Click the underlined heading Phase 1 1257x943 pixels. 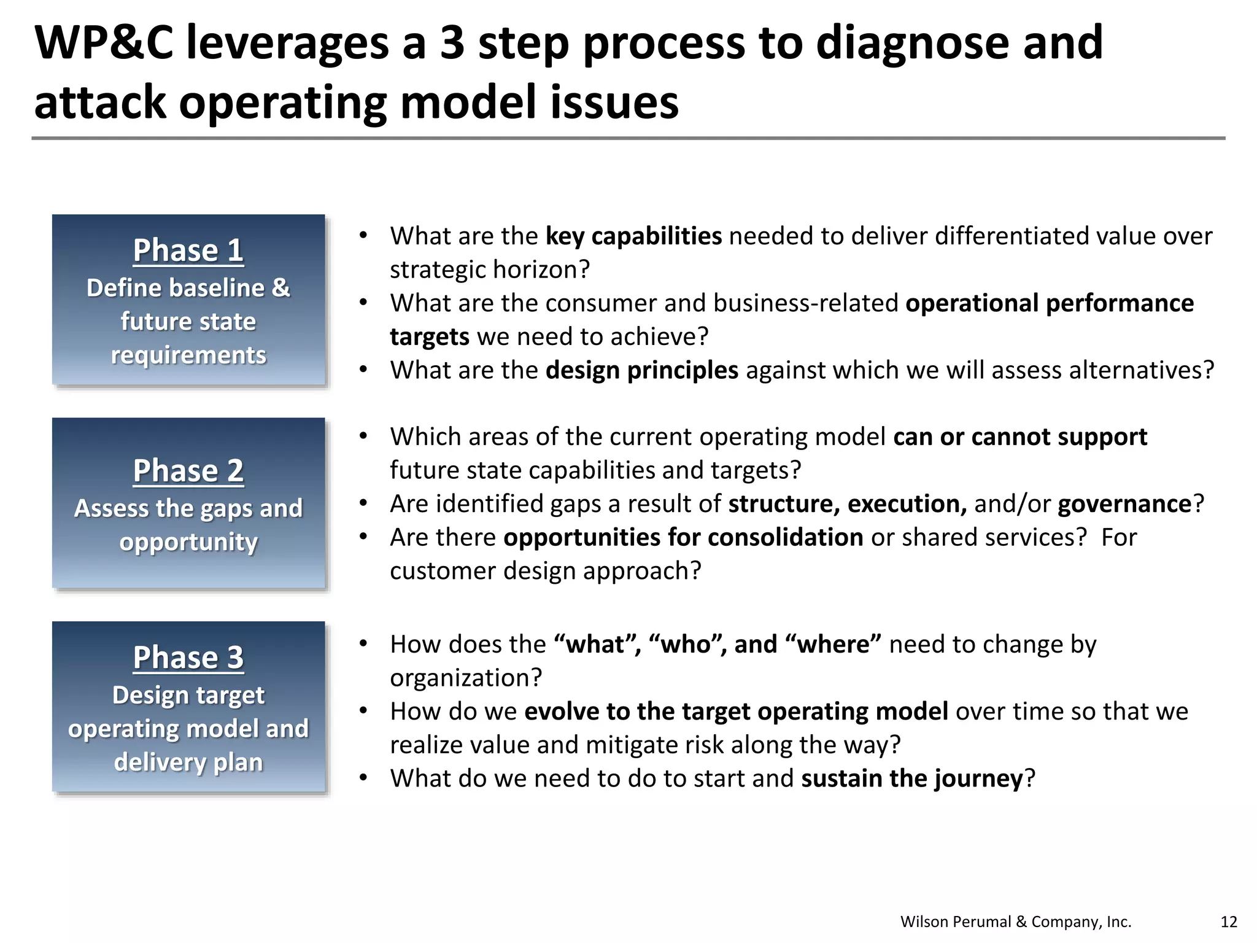188,250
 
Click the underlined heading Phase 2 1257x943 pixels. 188,471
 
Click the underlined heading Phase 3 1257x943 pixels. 188,658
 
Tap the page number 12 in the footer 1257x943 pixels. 1229,922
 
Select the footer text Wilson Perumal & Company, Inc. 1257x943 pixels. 1016,922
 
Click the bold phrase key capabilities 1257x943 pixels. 633,236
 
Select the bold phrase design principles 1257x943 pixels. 642,370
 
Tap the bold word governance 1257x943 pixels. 1124,504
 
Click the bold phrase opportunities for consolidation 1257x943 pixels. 683,538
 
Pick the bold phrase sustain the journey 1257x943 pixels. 912,778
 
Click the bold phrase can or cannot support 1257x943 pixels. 1020,437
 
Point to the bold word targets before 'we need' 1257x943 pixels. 430,337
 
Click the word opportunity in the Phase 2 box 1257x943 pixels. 188,542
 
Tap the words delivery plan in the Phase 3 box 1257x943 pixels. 188,762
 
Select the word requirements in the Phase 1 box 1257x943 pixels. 188,355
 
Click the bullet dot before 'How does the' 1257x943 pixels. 363,643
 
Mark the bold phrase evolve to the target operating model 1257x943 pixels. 736,712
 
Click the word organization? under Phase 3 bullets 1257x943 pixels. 466,678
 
